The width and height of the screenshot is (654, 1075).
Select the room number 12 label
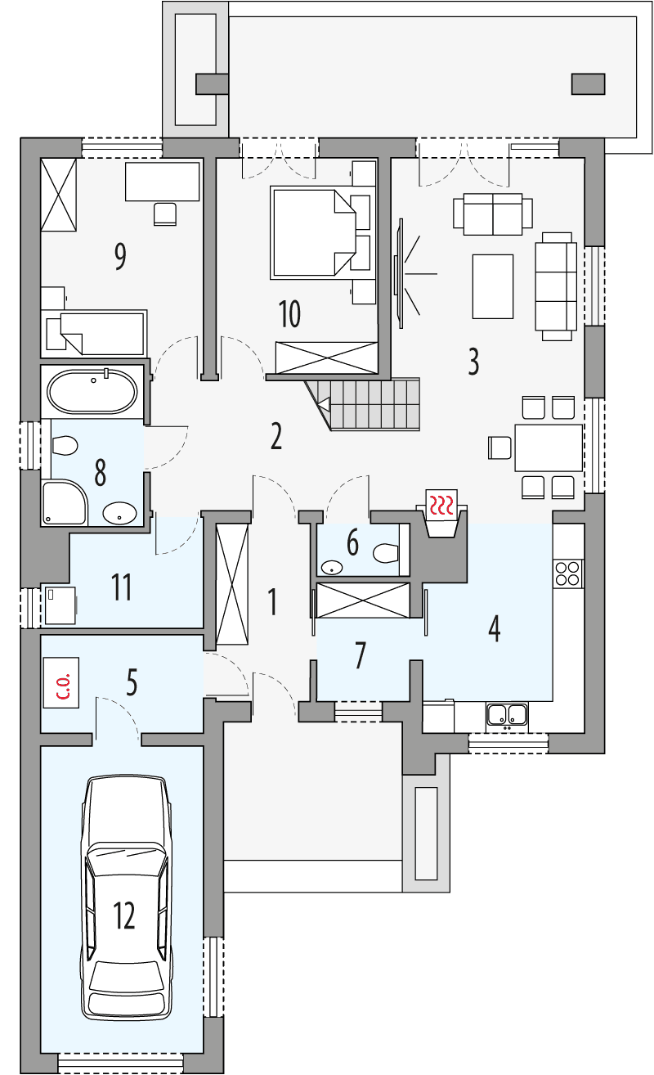(x=124, y=915)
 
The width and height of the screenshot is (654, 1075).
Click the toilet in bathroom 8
(x=63, y=446)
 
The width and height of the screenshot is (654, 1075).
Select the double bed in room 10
(x=312, y=232)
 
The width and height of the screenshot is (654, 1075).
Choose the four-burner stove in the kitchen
(x=568, y=573)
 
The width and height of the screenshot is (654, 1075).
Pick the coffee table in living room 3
(x=492, y=286)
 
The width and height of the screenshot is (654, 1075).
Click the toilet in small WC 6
(x=384, y=554)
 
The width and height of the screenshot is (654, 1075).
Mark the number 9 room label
(x=120, y=257)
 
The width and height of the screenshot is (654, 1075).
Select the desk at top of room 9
(x=162, y=181)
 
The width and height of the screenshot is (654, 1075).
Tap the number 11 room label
(x=122, y=587)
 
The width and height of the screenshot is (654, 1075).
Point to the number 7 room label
(x=360, y=655)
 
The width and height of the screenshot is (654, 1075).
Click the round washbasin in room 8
(x=121, y=513)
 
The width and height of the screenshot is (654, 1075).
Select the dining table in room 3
(x=548, y=448)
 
